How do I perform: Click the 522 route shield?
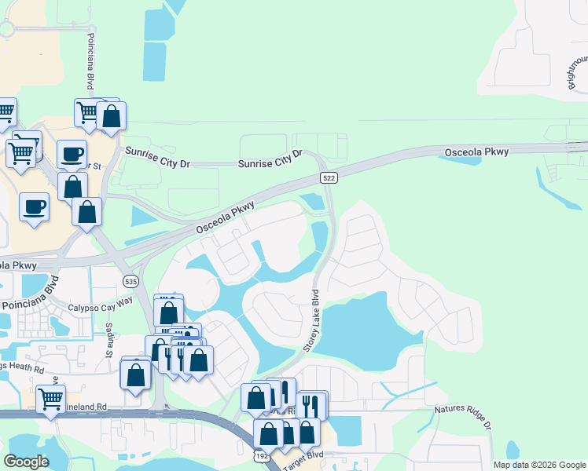point(329,178)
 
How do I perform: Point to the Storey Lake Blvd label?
point(313,323)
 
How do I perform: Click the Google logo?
point(26,461)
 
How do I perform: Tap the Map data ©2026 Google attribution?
point(539,465)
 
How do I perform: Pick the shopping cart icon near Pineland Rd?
point(50,398)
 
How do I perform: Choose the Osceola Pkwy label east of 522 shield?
point(476,152)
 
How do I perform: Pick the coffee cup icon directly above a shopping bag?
point(72,154)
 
